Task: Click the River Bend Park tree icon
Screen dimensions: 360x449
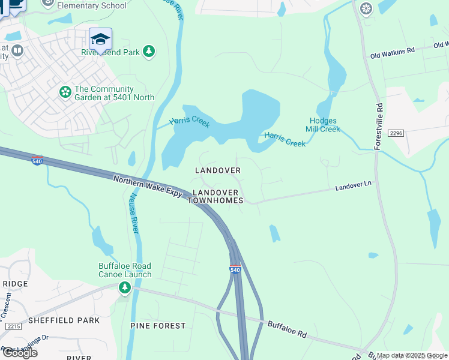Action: click(149, 52)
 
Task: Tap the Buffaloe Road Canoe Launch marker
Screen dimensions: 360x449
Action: click(125, 289)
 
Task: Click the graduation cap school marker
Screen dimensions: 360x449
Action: click(100, 39)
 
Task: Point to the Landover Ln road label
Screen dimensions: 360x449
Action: click(353, 187)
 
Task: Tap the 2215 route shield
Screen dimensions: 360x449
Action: click(13, 326)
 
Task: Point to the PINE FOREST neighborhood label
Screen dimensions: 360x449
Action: click(158, 325)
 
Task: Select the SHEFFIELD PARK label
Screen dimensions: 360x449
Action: click(64, 320)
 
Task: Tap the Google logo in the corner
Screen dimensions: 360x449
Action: click(20, 353)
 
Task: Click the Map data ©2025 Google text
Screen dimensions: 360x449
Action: click(412, 355)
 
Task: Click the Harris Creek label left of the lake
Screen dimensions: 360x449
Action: click(190, 122)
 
